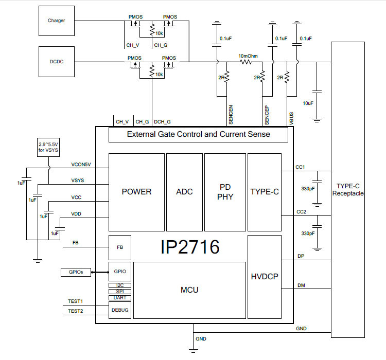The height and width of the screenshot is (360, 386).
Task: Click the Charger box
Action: pyautogui.click(x=57, y=21)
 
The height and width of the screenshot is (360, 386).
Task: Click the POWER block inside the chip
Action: pyautogui.click(x=136, y=192)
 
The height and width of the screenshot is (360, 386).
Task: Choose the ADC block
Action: pyautogui.click(x=184, y=192)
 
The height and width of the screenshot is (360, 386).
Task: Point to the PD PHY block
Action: pyautogui.click(x=225, y=192)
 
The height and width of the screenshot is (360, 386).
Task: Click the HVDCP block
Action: pyautogui.click(x=265, y=276)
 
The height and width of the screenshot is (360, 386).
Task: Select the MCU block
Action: pyautogui.click(x=189, y=290)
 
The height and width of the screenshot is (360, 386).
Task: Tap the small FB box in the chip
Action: pyautogui.click(x=119, y=247)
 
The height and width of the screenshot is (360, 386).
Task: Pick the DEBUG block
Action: pyautogui.click(x=119, y=310)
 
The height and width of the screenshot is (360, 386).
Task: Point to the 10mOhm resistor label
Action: pyautogui.click(x=248, y=56)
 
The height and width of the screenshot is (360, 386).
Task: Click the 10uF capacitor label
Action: pyautogui.click(x=308, y=103)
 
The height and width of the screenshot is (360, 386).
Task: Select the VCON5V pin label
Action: pyautogui.click(x=81, y=165)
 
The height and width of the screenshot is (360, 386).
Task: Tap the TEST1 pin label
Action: pyautogui.click(x=76, y=301)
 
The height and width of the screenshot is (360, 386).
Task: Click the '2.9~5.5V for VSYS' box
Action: pyautogui.click(x=48, y=147)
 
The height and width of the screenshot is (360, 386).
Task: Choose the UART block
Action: pyautogui.click(x=119, y=298)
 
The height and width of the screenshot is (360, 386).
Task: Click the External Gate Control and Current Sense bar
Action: pyautogui.click(x=198, y=135)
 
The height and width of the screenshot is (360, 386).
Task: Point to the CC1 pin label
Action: pyautogui.click(x=301, y=167)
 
